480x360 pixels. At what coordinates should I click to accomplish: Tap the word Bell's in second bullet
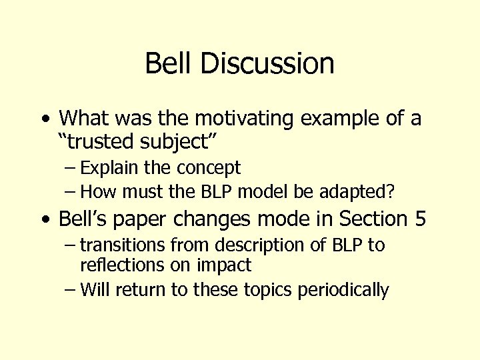85,219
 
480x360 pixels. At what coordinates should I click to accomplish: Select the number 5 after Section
419,219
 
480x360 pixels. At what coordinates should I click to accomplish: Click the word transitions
127,245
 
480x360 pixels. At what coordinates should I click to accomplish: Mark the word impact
224,265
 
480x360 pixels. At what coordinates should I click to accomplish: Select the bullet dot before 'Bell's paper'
45,219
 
